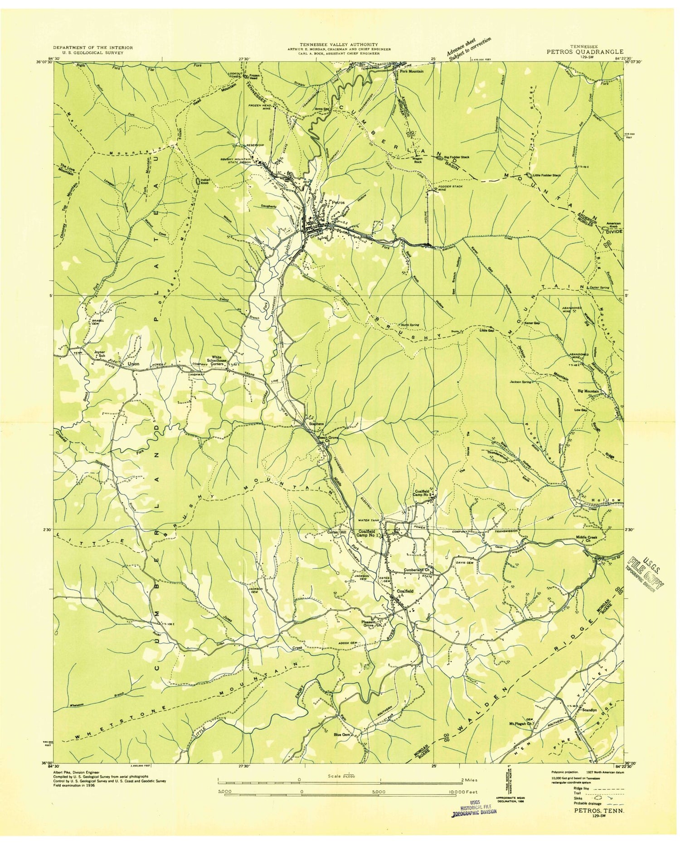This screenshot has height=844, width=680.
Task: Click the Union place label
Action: click(133, 364)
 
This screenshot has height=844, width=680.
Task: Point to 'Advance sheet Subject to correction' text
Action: click(469, 48)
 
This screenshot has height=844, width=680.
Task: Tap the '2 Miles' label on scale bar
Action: click(464, 780)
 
